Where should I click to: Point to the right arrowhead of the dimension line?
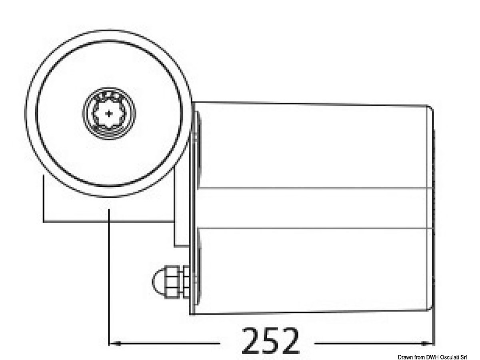click(x=428, y=343)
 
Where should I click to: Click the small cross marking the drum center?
click(x=109, y=114)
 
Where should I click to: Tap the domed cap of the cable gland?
click(x=158, y=282)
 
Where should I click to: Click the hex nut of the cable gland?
click(x=173, y=282)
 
